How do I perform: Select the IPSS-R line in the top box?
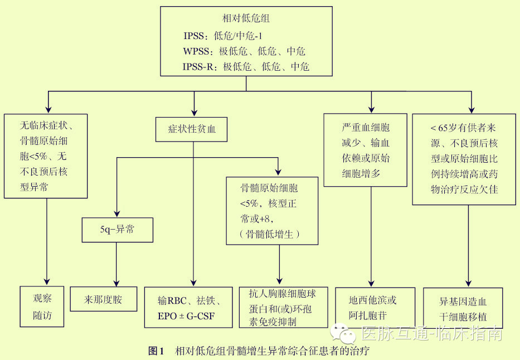[246, 67]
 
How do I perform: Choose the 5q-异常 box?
[117, 229]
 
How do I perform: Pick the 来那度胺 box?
[103, 300]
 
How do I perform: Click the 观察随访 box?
[42, 306]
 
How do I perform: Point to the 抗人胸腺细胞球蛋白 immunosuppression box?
[283, 307]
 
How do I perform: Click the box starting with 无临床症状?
[46, 155]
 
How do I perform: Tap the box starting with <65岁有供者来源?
[464, 158]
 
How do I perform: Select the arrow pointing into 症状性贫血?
[193, 109]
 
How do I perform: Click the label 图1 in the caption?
[155, 351]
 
